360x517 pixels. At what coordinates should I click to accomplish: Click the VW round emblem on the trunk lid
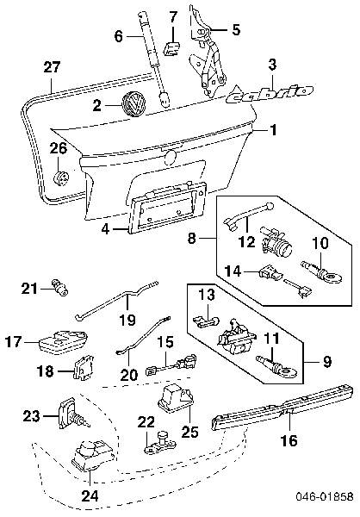point(133,103)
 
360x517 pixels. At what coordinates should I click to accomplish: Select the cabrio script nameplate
point(270,93)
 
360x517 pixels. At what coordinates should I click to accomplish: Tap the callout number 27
point(53,66)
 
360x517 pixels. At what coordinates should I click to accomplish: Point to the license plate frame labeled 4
point(168,208)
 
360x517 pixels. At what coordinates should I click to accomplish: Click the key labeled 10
point(322,272)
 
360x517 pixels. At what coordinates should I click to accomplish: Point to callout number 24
point(90,495)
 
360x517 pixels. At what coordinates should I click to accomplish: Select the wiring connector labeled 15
point(171,364)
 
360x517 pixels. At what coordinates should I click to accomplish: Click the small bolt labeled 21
point(59,287)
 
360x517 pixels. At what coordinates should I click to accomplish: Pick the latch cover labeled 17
point(64,341)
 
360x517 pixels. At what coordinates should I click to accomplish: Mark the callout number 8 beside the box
point(192,238)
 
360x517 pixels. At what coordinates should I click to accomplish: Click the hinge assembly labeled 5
point(207,53)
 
